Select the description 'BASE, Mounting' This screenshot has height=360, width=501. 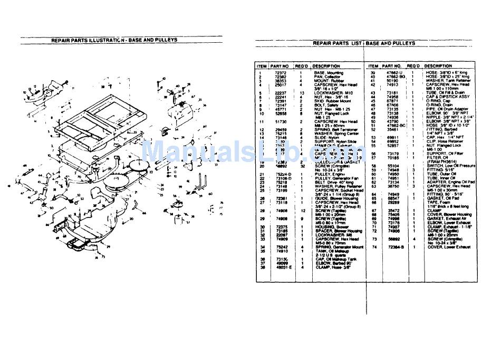click(329, 73)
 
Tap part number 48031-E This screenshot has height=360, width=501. click(279, 267)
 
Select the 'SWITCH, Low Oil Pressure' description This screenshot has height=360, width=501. click(449, 165)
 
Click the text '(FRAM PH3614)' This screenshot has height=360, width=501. click(441, 161)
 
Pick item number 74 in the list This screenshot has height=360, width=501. click(373, 247)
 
